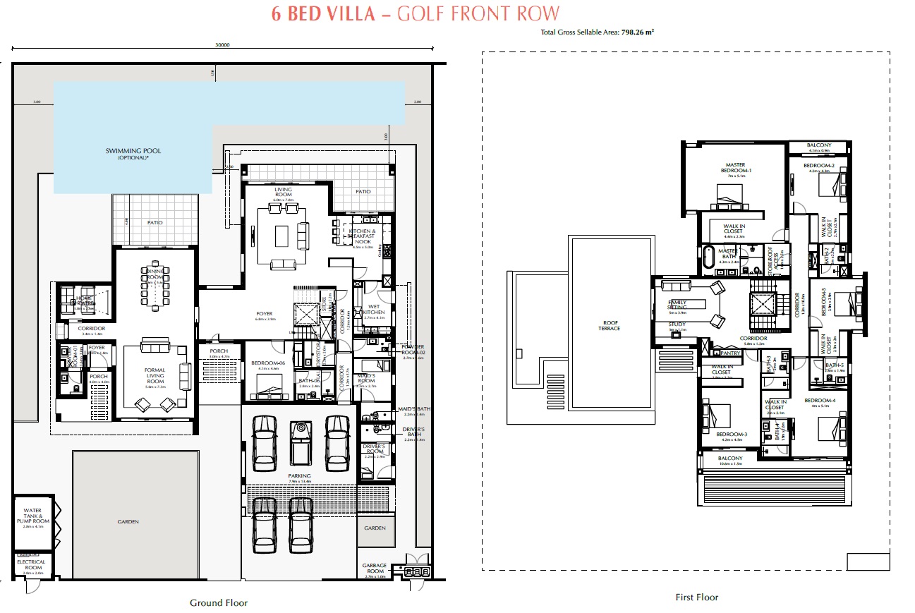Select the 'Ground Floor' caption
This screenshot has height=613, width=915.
pos(219,602)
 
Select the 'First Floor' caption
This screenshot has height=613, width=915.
pos(696,597)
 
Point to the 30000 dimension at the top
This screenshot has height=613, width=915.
pos(222,44)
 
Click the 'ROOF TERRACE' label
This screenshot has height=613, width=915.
pos(609,325)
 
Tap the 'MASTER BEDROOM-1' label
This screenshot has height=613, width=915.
pos(736,168)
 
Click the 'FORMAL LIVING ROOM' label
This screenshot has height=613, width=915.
pos(154,376)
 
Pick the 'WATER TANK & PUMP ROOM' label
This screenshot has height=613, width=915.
pos(32,516)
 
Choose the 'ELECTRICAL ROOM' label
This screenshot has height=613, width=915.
pos(33,565)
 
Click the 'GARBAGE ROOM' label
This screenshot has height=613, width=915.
pos(375,569)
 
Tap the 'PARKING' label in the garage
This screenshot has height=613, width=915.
pos(299,476)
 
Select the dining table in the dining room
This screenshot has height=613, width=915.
pos(154,287)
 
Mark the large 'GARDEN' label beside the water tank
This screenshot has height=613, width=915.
pos(128,522)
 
